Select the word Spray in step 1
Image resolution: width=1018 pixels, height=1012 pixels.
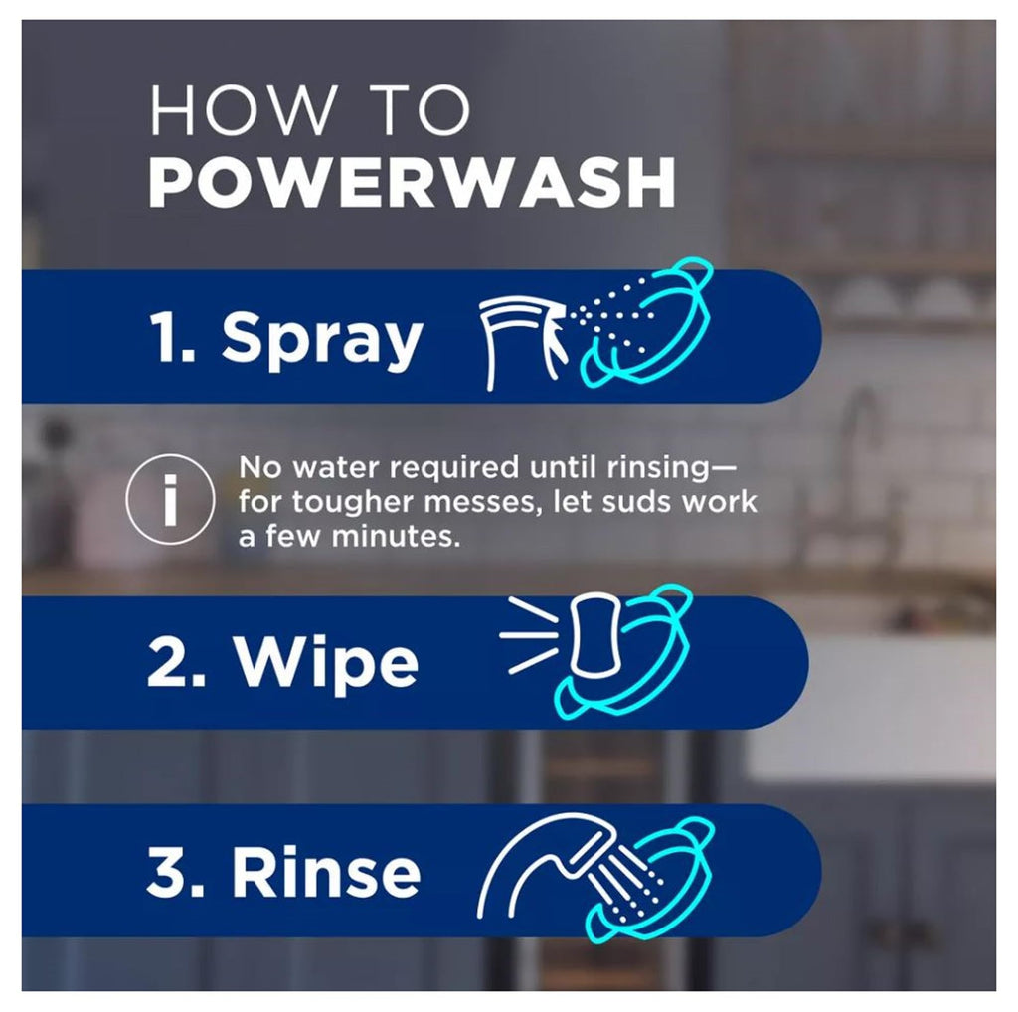(322, 338)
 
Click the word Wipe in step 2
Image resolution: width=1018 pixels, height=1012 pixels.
(327, 663)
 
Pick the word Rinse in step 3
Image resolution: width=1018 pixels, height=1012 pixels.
(326, 873)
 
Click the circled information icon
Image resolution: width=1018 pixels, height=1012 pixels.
(169, 499)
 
